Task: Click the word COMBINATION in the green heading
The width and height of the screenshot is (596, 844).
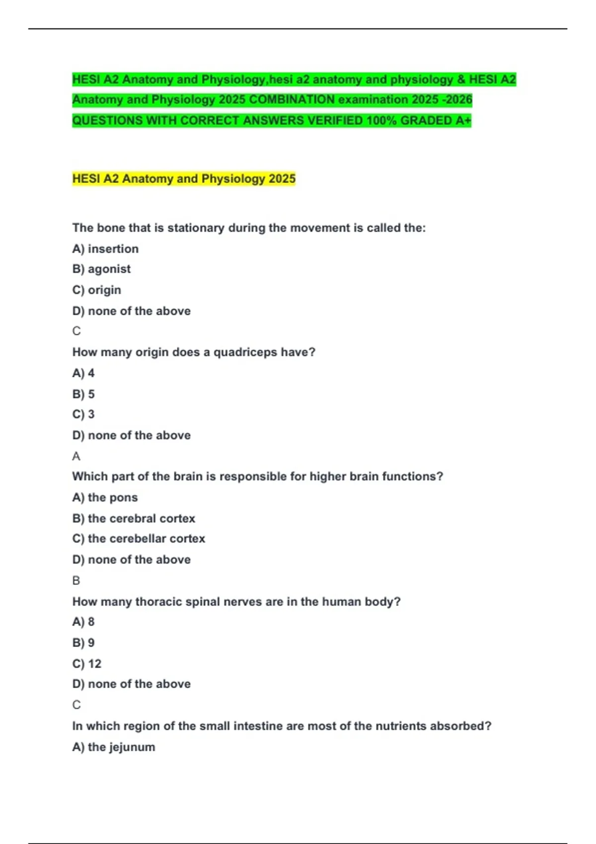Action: tap(292, 100)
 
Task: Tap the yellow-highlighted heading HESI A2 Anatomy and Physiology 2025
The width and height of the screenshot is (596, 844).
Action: tap(184, 179)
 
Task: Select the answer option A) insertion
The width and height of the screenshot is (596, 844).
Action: tap(105, 249)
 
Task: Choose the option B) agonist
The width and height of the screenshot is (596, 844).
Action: tap(101, 269)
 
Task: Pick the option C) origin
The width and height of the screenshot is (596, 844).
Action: tap(96, 290)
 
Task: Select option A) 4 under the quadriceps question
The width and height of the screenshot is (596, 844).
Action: tap(83, 373)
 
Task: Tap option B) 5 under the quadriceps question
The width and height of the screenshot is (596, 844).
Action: tap(83, 394)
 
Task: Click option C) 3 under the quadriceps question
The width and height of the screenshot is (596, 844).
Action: tap(83, 415)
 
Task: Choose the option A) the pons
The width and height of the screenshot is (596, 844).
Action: tap(105, 497)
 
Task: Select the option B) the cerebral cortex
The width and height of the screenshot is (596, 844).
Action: tap(134, 518)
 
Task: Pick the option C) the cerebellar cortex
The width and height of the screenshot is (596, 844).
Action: tap(139, 539)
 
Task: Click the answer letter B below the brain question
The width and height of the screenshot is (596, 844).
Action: tap(76, 580)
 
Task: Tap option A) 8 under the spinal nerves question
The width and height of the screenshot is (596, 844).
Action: tap(83, 622)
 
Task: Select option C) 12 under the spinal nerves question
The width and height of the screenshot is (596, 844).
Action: tap(87, 664)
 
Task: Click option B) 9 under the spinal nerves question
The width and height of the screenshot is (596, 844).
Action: tap(83, 643)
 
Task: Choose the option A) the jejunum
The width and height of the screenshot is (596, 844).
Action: tap(114, 747)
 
